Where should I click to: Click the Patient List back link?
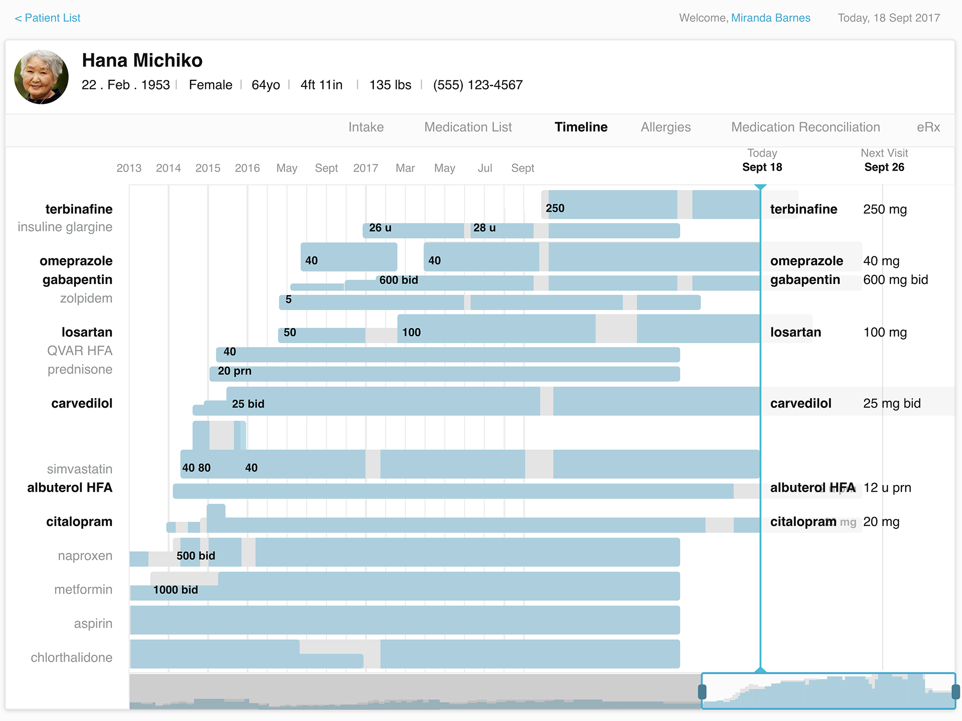tap(48, 18)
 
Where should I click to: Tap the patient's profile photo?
tap(41, 77)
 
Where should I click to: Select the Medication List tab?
tap(468, 127)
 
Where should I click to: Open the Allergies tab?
tap(665, 127)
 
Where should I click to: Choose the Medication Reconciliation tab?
tap(805, 127)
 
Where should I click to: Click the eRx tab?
tap(928, 127)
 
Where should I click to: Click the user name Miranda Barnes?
tap(771, 18)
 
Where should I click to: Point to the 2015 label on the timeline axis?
tap(208, 168)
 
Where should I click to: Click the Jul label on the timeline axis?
tap(485, 168)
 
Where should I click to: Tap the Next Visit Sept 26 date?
tap(884, 167)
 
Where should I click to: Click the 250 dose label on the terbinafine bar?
tap(555, 209)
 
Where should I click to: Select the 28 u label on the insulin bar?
tap(484, 228)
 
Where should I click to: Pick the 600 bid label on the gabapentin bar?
tap(398, 280)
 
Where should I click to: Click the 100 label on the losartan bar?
tap(411, 333)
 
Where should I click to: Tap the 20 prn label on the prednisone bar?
tap(234, 371)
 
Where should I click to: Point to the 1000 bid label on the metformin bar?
tap(176, 590)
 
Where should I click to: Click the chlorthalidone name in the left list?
tap(71, 658)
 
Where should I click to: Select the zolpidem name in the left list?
tap(86, 298)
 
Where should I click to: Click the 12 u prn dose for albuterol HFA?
tap(887, 488)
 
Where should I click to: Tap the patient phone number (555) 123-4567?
tap(478, 85)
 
